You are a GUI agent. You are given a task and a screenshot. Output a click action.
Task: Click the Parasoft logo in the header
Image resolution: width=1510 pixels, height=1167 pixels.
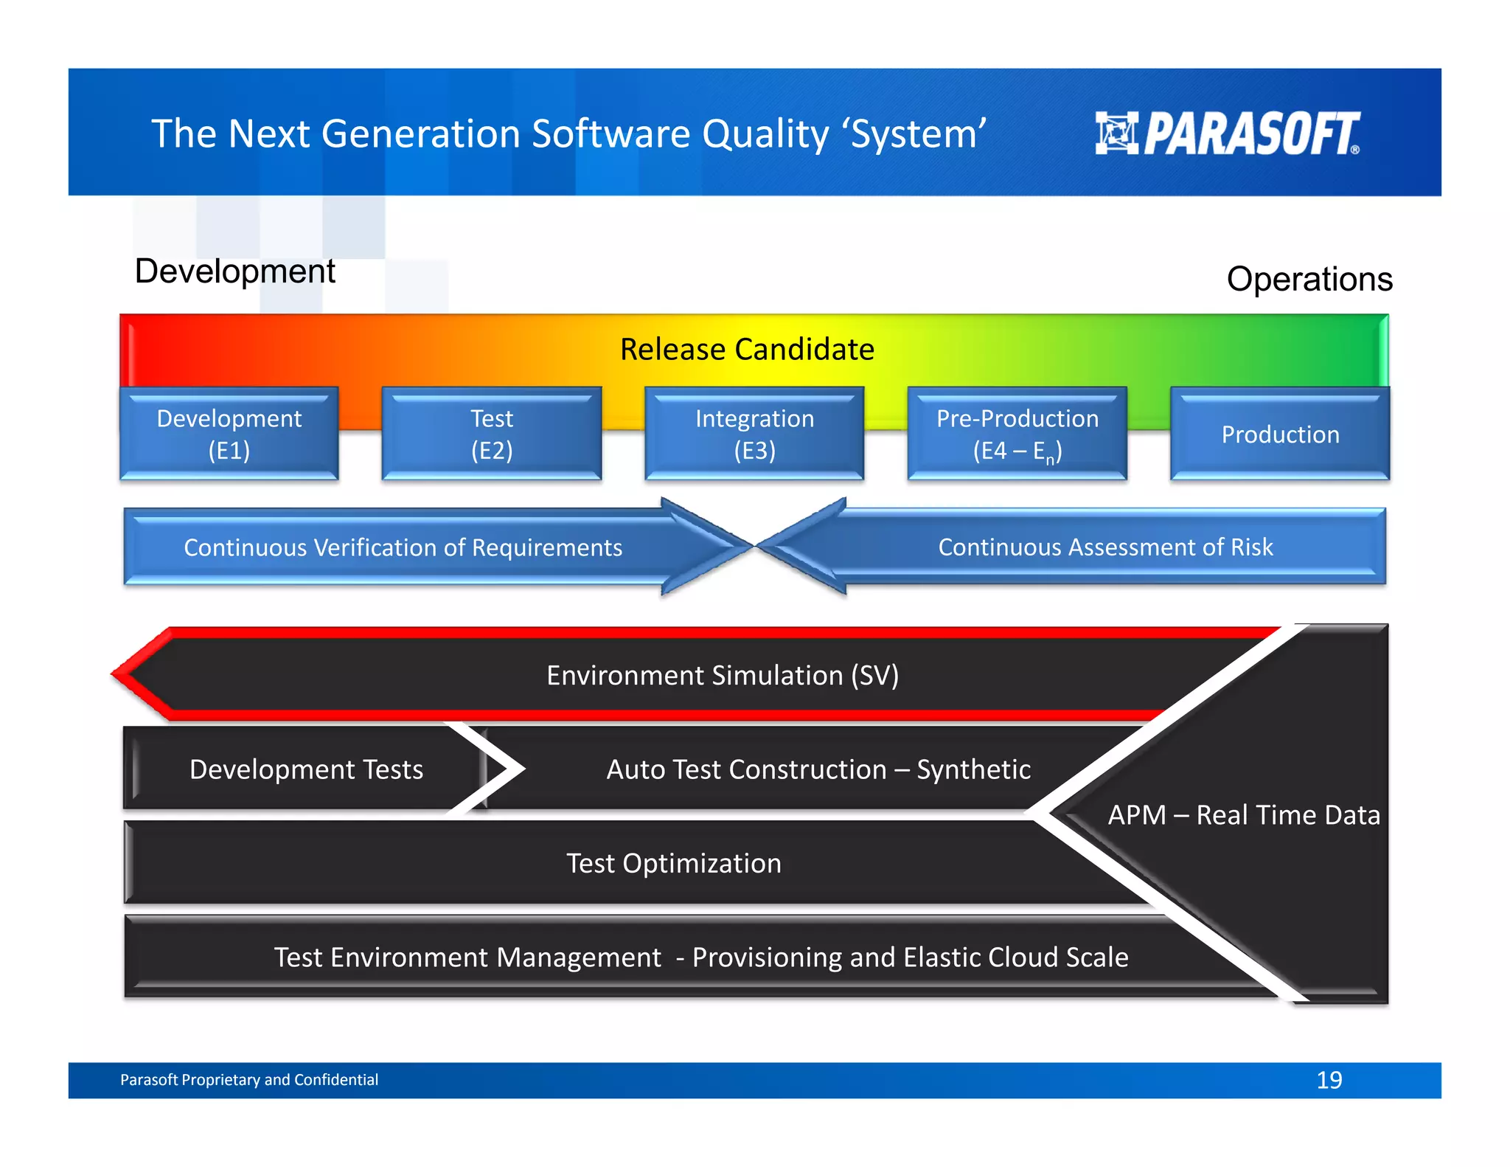(x=1227, y=134)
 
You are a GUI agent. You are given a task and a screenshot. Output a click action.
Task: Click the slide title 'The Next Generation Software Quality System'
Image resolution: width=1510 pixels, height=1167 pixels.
(x=568, y=134)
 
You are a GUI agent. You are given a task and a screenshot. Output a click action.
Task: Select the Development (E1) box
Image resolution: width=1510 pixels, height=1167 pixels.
(x=229, y=434)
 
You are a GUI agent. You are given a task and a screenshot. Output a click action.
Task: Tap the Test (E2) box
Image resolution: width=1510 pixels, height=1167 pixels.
(x=492, y=434)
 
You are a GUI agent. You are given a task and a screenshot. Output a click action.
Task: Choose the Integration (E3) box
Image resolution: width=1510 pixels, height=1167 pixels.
(x=754, y=434)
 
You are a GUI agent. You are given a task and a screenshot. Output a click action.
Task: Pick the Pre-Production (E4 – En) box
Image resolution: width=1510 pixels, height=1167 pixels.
(x=1017, y=434)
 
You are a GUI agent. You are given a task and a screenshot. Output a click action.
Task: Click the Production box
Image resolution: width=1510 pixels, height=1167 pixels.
(x=1280, y=434)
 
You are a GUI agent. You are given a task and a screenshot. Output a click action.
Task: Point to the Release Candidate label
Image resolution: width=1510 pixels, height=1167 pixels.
(x=747, y=349)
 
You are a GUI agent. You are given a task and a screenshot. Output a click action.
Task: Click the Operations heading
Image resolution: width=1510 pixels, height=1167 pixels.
(x=1309, y=280)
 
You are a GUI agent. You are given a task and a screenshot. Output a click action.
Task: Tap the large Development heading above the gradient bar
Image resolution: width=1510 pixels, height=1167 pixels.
(x=234, y=271)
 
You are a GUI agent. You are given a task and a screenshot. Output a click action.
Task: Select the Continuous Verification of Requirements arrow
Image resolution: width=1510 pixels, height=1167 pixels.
(x=403, y=547)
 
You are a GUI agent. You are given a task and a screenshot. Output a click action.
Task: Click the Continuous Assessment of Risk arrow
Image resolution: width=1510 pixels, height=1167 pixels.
(x=1104, y=547)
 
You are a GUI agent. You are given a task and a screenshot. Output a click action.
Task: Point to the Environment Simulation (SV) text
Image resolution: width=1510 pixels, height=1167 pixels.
(x=723, y=675)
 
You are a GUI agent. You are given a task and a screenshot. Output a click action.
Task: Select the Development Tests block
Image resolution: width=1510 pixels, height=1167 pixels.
(x=306, y=769)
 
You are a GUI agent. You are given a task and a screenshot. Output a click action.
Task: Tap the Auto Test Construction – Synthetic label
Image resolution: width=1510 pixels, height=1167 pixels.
(x=818, y=769)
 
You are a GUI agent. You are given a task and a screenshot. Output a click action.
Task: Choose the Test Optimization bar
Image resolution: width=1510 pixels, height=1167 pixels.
(x=673, y=863)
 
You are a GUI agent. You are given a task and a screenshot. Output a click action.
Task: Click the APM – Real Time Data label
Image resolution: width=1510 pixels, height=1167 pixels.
(x=1243, y=815)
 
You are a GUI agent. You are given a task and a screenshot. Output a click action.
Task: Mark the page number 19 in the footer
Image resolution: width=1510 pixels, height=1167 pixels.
(x=1329, y=1080)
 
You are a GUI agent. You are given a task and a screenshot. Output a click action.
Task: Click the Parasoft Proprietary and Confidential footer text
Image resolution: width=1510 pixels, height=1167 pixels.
(x=249, y=1080)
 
